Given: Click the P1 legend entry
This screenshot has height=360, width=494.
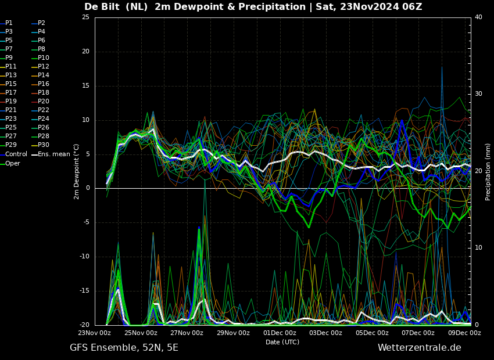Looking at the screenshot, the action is (6, 23).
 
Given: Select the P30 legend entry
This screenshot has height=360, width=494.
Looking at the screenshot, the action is (40, 145).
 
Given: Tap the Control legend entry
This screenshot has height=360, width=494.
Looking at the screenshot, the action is (13, 154).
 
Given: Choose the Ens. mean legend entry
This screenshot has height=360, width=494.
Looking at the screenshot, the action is (51, 154).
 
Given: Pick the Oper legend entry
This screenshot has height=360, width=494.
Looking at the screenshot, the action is (10, 163).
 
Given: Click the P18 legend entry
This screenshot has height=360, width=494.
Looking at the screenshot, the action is (40, 92).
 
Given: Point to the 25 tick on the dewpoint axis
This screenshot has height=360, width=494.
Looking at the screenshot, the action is (85, 17).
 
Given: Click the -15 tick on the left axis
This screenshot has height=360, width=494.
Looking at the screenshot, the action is (84, 291).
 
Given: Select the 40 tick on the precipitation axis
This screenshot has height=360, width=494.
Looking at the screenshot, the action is (478, 17).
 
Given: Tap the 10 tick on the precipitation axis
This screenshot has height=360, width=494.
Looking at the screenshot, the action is (478, 248).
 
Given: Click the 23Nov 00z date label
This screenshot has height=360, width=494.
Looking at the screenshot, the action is (95, 333).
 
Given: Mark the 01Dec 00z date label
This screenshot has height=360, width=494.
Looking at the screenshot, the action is (280, 333).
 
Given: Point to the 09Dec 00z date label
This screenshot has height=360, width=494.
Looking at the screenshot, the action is (465, 333).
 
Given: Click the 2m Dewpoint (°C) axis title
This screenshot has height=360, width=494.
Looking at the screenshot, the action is (76, 172).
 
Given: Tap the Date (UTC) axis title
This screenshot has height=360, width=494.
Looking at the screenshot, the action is (282, 342).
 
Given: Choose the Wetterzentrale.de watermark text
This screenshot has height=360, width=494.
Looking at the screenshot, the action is (420, 348).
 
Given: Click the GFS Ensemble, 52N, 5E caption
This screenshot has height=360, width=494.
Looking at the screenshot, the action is (124, 348).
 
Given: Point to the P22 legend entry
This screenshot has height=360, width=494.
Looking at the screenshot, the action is (40, 110).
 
